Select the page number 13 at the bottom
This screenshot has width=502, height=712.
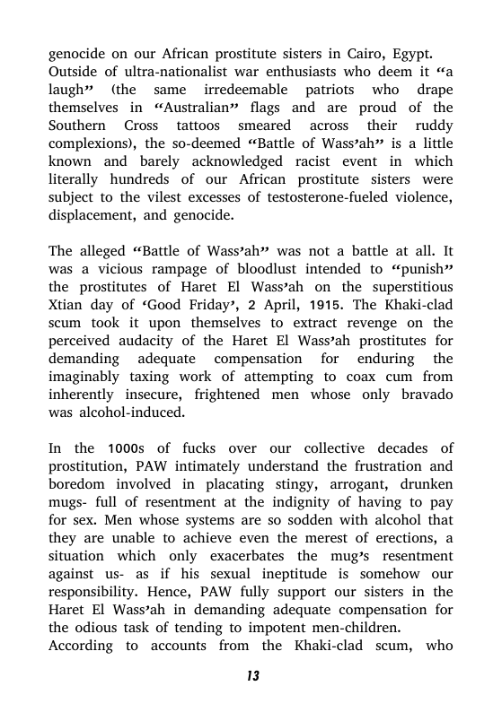(x=251, y=676)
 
